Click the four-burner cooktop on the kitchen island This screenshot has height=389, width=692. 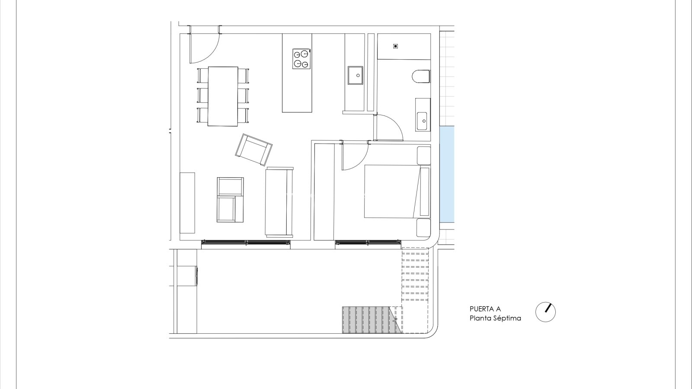pyautogui.click(x=301, y=59)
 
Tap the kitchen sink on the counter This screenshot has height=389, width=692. pyautogui.click(x=355, y=75)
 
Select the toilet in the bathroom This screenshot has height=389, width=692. pyautogui.click(x=421, y=77)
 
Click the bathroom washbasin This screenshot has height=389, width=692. pyautogui.click(x=423, y=115)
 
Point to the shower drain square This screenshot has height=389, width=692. pyautogui.click(x=395, y=46)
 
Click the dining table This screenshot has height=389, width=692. pyautogui.click(x=223, y=96)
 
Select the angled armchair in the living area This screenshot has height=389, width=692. pyautogui.click(x=253, y=150)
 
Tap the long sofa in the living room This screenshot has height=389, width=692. pyautogui.click(x=279, y=202)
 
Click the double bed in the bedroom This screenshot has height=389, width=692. pyautogui.click(x=397, y=191)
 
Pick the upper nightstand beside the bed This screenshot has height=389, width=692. pyautogui.click(x=423, y=156)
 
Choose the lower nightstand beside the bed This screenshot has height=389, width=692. pyautogui.click(x=423, y=228)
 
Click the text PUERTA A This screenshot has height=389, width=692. pyautogui.click(x=485, y=309)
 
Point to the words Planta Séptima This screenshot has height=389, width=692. pyautogui.click(x=495, y=318)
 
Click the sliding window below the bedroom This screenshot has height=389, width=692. pyautogui.click(x=368, y=243)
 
